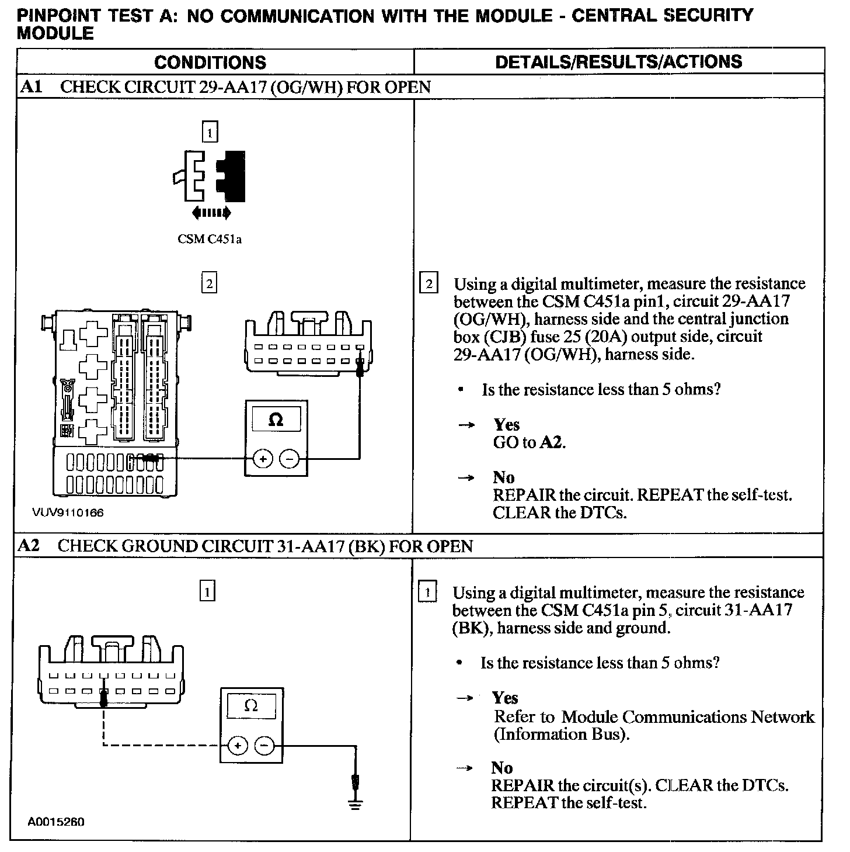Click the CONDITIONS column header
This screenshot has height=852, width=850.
coord(210,63)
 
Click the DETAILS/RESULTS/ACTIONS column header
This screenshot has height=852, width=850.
coord(619,62)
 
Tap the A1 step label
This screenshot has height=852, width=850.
coord(31,88)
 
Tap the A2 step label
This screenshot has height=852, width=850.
coord(29,546)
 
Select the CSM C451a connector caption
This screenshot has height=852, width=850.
coord(210,240)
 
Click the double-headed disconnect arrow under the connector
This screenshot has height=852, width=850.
coord(211,213)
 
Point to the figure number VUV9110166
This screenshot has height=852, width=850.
coord(68,513)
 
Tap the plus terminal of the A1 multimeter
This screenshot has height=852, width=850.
coord(263,459)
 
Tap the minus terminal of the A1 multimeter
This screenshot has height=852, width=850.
coord(289,459)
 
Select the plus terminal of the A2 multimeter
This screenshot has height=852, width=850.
coord(238,746)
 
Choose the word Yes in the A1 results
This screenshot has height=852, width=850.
coord(506,425)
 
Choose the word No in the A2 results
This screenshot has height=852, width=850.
coord(501,768)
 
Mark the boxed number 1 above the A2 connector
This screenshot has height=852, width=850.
coord(207,592)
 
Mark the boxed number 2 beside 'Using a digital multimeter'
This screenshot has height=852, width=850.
coord(429,285)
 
